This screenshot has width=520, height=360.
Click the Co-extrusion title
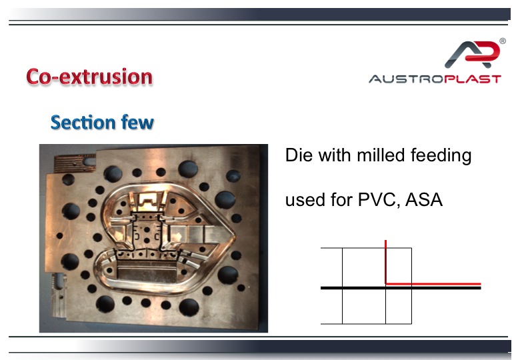pos(89,77)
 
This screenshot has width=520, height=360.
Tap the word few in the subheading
pos(137,122)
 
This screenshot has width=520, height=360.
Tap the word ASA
pos(423,199)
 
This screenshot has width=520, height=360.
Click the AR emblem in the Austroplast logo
pos(471,54)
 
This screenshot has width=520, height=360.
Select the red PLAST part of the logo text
pos(473,79)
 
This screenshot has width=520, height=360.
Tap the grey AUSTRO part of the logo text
pos(407,79)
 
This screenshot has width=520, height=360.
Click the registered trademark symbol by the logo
pos(503,41)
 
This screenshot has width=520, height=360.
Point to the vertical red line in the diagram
pos(386,262)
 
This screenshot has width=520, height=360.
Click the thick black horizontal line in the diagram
pos(401,288)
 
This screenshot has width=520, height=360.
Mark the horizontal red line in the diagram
pos(433,284)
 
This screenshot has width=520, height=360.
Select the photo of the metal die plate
pos(153,238)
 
